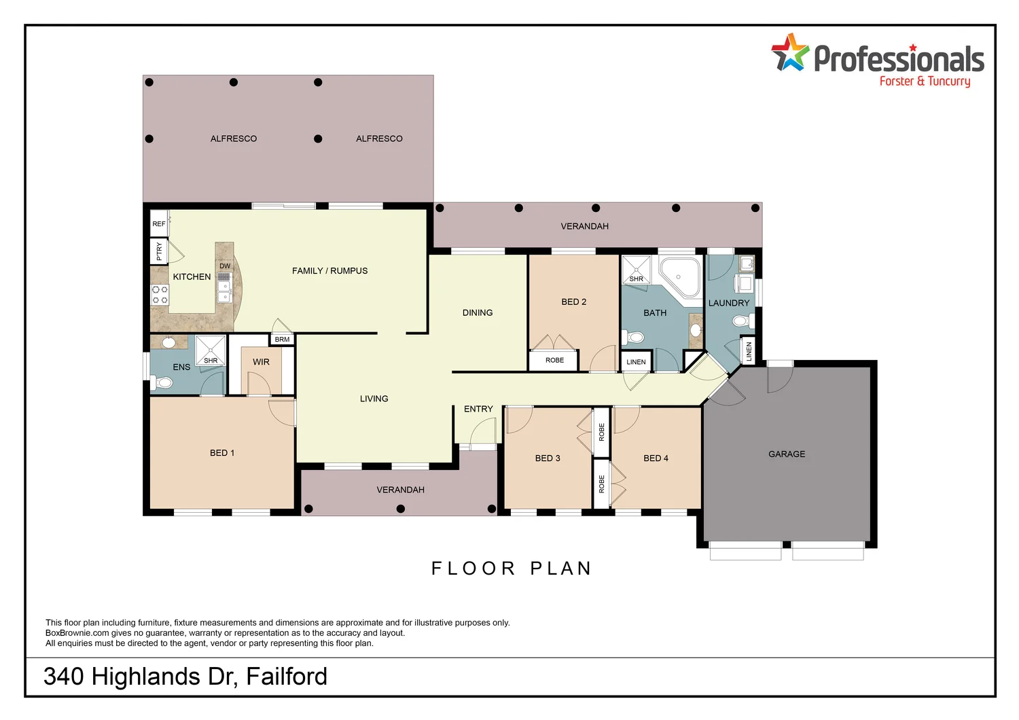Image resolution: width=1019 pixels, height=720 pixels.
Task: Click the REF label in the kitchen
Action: tap(158, 224)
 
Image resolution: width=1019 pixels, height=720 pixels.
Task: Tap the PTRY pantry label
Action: tap(159, 251)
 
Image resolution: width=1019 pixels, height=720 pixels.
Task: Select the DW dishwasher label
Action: tap(225, 266)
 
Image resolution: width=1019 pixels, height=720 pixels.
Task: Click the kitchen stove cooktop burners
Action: tap(160, 295)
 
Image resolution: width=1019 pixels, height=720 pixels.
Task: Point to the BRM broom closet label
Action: tap(282, 340)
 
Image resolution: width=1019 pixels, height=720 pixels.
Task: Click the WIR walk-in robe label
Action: tap(261, 362)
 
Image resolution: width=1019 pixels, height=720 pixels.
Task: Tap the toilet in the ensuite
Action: tap(164, 383)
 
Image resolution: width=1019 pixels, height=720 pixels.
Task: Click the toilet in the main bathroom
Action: tap(634, 337)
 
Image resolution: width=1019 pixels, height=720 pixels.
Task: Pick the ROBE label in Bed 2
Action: tap(554, 361)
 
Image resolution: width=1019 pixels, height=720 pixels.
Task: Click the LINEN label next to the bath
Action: tap(636, 362)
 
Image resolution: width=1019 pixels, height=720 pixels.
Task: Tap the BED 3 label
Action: tap(548, 458)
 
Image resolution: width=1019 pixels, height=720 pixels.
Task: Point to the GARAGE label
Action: tap(787, 454)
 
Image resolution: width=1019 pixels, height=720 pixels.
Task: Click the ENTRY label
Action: tap(478, 409)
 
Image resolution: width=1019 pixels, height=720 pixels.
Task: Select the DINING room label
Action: tap(478, 313)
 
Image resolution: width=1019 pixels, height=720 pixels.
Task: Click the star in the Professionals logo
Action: tap(789, 54)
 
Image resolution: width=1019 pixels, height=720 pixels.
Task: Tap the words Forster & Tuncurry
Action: tap(925, 82)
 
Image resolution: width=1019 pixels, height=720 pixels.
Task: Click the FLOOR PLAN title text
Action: tap(512, 569)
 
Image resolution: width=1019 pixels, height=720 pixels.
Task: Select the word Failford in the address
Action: tap(287, 677)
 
